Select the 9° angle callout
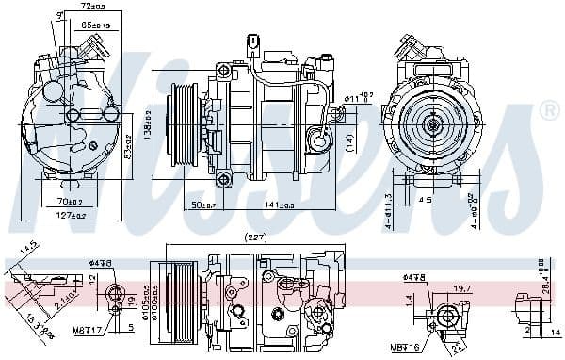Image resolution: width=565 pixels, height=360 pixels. [61, 15]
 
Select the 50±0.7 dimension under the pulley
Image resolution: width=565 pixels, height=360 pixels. [200, 205]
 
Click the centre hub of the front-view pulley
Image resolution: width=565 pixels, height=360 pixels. [434, 124]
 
